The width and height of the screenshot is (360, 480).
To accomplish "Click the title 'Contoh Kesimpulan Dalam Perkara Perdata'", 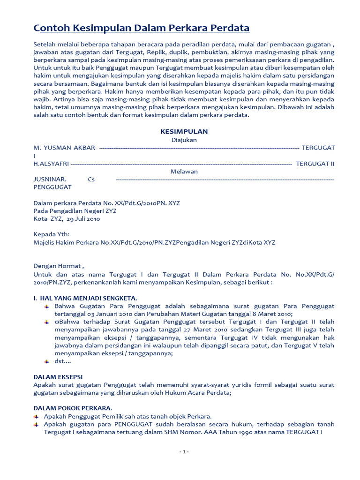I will tap(141, 28).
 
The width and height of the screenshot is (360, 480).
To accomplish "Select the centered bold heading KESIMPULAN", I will tap(184, 132).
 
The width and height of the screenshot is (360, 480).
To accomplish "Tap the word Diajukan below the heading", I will tap(184, 140).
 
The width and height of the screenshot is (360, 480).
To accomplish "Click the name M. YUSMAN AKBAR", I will tap(64, 148).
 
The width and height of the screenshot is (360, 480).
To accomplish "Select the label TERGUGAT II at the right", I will tap(315, 164).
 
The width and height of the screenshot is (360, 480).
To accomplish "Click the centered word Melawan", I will tap(184, 172).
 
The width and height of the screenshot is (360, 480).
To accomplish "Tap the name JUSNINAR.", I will tap(50, 180).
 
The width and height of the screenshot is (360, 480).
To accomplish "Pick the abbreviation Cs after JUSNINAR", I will tap(91, 180).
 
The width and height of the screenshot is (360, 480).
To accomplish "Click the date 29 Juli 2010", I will tap(83, 219).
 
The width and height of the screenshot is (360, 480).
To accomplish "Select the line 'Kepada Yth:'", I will tap(51, 235).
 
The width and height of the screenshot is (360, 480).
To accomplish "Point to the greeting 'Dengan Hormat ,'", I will tap(58, 266).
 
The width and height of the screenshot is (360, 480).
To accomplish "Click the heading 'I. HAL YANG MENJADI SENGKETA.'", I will tap(85, 298).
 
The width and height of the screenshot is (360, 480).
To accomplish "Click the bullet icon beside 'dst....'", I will tap(46, 361).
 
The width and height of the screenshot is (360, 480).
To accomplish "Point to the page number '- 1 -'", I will tap(184, 452).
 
